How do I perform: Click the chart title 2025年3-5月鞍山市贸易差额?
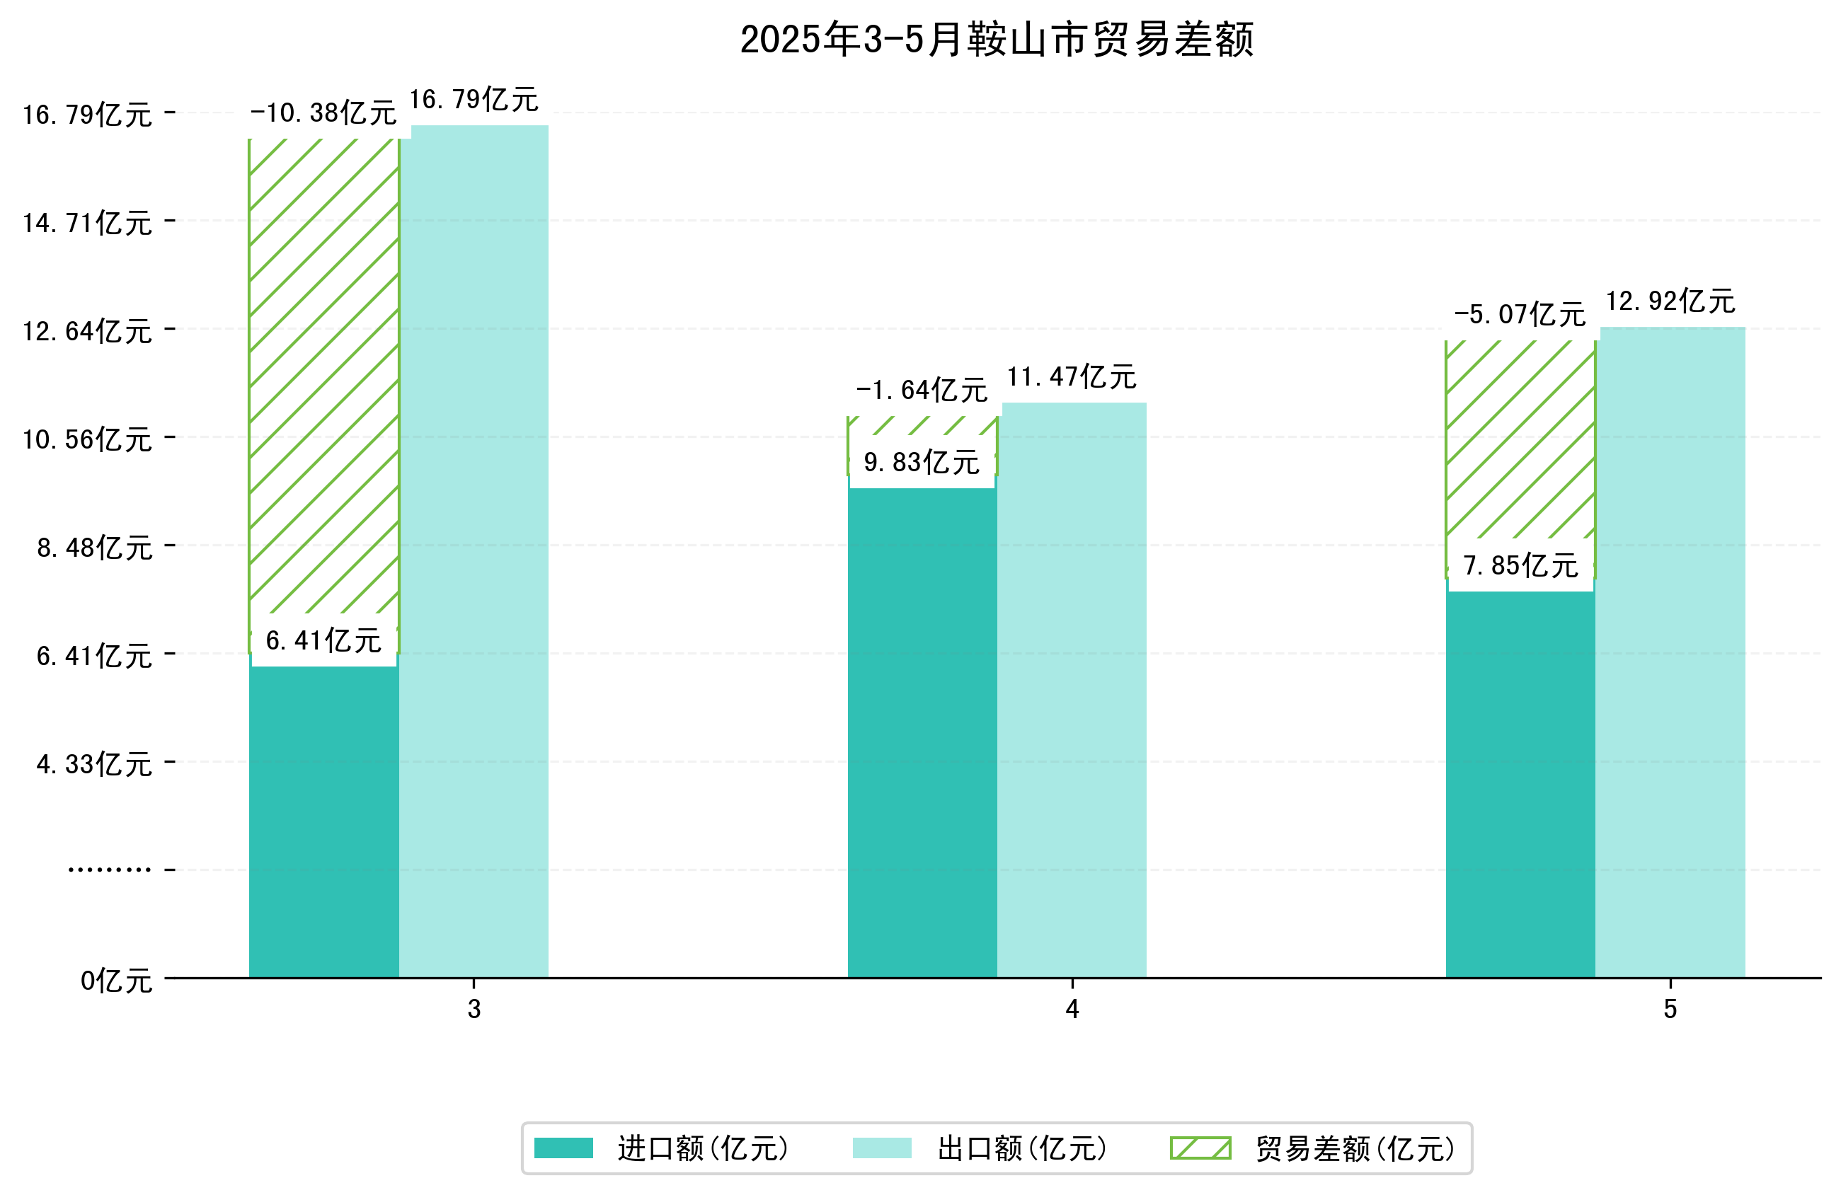tap(997, 40)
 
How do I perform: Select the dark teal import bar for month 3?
tap(323, 820)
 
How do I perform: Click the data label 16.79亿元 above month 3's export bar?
tap(474, 100)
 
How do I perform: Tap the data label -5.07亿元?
tap(1520, 315)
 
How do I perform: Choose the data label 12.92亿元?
tap(1671, 301)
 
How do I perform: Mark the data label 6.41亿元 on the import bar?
tap(323, 640)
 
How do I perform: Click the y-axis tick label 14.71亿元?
tap(87, 223)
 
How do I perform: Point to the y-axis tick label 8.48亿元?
tap(94, 548)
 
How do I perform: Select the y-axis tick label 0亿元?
tap(116, 981)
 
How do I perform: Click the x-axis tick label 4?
tap(1072, 1010)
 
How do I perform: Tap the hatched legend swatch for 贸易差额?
tap(1200, 1148)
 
